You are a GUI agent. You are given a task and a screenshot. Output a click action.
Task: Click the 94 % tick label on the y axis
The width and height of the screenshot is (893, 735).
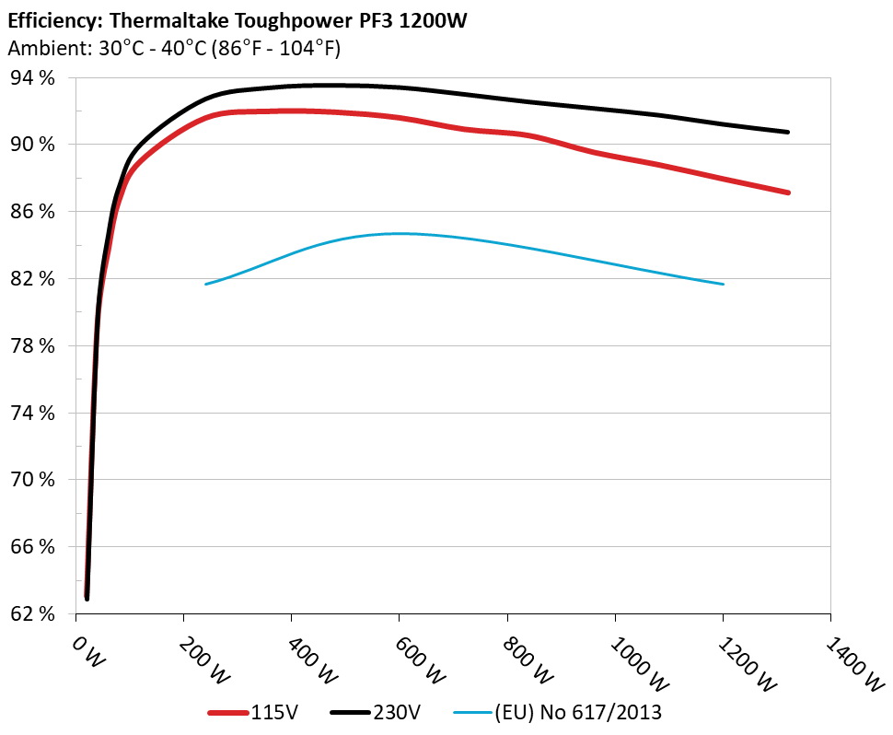click(32, 77)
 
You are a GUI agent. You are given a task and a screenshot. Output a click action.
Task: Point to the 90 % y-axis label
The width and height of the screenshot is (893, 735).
click(32, 145)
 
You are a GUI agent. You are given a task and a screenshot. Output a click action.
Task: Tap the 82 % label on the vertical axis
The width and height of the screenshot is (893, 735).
click(32, 278)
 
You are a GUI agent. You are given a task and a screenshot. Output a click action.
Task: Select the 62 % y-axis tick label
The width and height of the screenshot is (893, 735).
click(32, 614)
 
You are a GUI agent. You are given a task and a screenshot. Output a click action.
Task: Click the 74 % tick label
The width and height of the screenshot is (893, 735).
click(32, 413)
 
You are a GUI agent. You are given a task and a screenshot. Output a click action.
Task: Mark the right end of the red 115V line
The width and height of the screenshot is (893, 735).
click(789, 192)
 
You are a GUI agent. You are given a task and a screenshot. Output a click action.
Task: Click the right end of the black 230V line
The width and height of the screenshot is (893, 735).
click(788, 132)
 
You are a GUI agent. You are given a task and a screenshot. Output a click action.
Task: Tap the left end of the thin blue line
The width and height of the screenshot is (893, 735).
click(205, 284)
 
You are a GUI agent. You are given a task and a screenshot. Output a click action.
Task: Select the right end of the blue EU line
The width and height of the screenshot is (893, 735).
click(724, 284)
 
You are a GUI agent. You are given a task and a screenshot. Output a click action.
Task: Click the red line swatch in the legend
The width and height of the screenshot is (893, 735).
click(228, 712)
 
